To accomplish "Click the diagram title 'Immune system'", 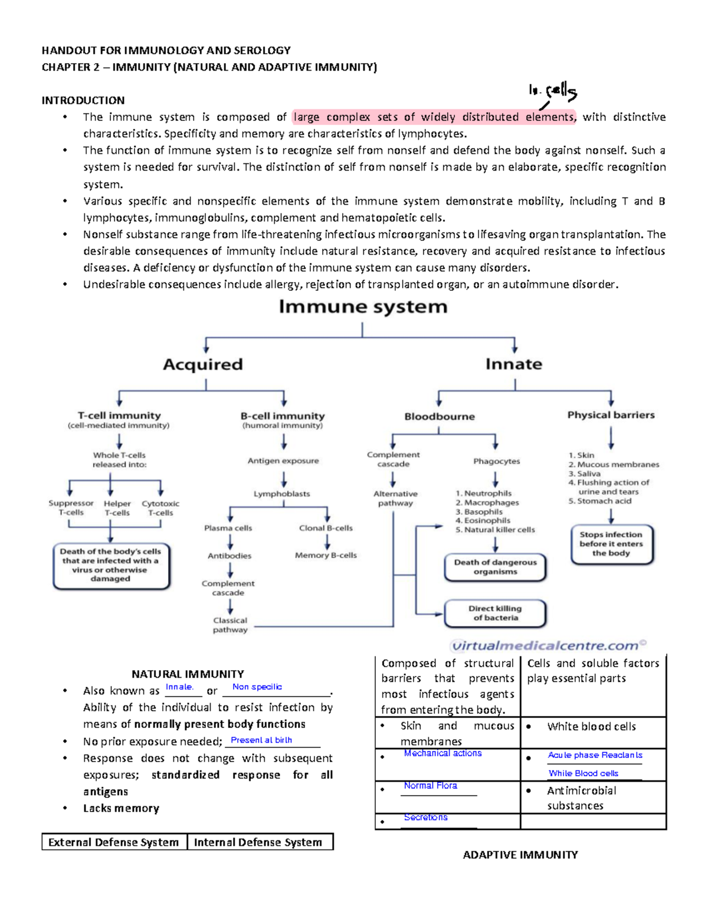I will [x=363, y=307].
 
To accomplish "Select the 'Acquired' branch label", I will [x=203, y=365].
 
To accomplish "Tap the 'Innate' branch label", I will [x=513, y=365].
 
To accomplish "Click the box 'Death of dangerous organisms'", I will [x=495, y=567].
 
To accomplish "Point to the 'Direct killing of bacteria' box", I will [x=495, y=613].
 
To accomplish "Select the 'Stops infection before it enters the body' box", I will [x=611, y=544].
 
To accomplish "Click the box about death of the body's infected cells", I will [x=111, y=566].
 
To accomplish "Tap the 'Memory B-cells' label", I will [x=326, y=555].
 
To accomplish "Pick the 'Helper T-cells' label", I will [x=117, y=508].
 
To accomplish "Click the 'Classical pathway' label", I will [x=230, y=625].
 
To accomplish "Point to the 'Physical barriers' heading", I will [x=611, y=415].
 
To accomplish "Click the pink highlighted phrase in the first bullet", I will [x=434, y=117].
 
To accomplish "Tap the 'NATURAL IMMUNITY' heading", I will [x=188, y=674].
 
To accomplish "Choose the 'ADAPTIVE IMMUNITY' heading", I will [x=520, y=855].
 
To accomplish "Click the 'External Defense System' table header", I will [x=114, y=842].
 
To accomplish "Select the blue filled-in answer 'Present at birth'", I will [x=261, y=740].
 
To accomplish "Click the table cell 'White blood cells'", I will [x=591, y=727].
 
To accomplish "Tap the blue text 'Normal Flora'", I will [x=430, y=786].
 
